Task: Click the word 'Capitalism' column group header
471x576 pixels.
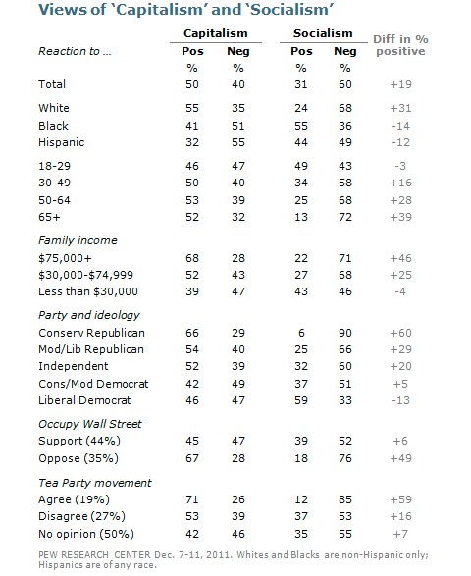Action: point(216,33)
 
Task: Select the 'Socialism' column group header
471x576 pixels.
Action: point(323,33)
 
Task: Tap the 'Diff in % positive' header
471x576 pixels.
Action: point(400,45)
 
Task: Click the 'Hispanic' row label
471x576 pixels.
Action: point(62,142)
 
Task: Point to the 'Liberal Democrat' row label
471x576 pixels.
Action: point(84,400)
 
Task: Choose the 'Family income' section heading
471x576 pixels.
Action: point(78,240)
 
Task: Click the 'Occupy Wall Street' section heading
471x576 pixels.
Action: point(90,424)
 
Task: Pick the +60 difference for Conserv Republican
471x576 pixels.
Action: point(400,333)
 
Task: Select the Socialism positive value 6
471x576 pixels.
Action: point(301,333)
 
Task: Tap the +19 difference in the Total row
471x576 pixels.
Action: point(400,84)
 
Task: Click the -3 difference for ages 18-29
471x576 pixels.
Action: point(400,166)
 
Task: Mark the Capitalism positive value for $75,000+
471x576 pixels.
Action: point(192,258)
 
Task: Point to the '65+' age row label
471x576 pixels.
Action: point(49,217)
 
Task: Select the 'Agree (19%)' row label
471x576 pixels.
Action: point(74,499)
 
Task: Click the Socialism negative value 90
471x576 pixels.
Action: point(345,333)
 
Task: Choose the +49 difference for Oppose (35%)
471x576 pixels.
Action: point(400,458)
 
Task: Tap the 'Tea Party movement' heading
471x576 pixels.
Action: point(95,483)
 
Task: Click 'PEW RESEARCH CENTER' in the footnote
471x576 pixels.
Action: point(94,555)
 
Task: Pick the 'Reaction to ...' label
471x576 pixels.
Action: point(75,51)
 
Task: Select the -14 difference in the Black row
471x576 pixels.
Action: point(400,126)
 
